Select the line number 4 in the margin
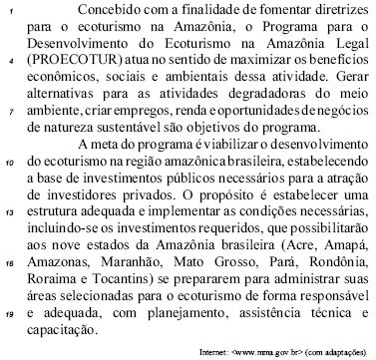[x=11, y=61]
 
